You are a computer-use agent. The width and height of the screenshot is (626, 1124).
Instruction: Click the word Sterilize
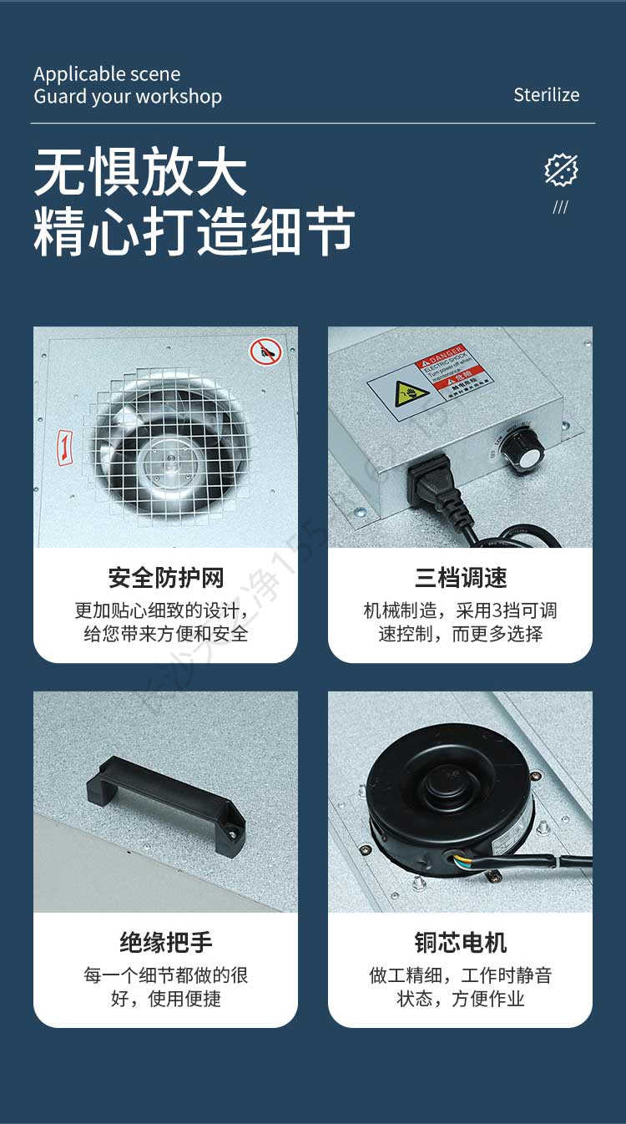click(546, 95)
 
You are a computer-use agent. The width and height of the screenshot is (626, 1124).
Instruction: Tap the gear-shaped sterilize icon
click(561, 170)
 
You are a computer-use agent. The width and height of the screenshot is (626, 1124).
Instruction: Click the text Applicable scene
click(107, 74)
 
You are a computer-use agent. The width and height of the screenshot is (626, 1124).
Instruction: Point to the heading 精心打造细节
click(194, 231)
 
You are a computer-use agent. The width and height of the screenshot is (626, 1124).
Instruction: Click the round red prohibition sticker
click(265, 352)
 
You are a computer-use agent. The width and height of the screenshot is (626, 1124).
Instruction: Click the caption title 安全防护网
click(165, 578)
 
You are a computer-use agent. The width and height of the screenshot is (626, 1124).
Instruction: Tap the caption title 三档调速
click(460, 578)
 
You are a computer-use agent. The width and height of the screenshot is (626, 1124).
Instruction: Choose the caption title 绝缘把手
click(165, 943)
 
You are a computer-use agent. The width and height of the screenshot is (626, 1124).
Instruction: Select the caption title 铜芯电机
click(460, 943)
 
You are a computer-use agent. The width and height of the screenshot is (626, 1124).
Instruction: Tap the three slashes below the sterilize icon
click(561, 207)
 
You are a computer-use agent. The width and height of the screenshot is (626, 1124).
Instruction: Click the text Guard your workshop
click(128, 97)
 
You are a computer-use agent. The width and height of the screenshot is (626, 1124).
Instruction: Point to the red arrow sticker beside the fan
click(63, 448)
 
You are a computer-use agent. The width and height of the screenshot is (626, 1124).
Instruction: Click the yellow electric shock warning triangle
click(411, 391)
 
